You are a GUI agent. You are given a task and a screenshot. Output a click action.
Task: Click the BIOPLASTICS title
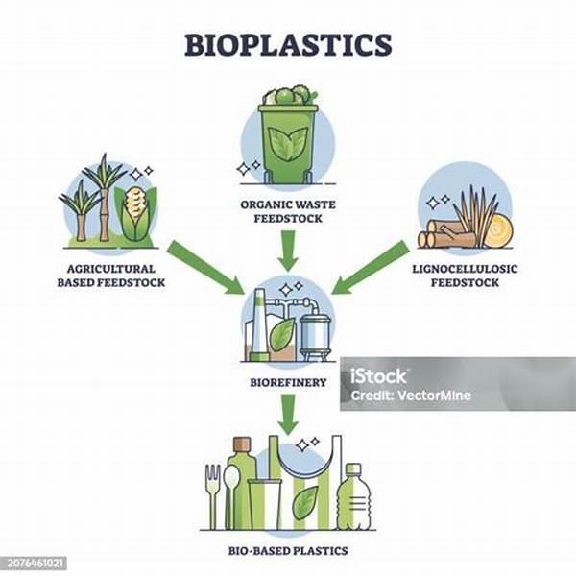pyautogui.click(x=288, y=45)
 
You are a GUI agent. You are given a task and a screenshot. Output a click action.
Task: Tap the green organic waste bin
pyautogui.click(x=288, y=142)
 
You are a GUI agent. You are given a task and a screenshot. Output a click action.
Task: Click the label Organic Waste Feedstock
pyautogui.click(x=288, y=211)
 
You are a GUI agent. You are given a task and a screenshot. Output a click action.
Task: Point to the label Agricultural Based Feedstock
pyautogui.click(x=111, y=276)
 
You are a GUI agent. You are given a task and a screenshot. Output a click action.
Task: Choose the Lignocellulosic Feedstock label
pyautogui.click(x=465, y=276)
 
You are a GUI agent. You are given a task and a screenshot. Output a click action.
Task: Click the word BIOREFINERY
pyautogui.click(x=288, y=382)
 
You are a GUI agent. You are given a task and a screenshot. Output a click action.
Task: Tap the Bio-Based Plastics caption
pyautogui.click(x=288, y=551)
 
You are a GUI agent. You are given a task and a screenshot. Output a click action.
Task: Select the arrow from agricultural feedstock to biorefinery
pyautogui.click(x=205, y=268)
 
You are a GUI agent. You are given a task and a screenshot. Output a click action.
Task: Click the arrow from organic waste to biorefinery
pyautogui.click(x=288, y=251)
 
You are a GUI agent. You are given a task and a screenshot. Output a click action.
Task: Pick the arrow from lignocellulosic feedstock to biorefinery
pyautogui.click(x=371, y=268)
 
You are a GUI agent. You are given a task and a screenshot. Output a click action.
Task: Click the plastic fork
pyautogui.click(x=213, y=496)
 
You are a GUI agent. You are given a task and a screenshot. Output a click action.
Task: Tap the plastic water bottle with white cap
pyautogui.click(x=353, y=496)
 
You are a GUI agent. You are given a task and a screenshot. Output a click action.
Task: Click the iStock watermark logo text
pyautogui.click(x=378, y=376)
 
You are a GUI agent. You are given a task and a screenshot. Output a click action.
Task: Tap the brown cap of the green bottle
pyautogui.click(x=242, y=444)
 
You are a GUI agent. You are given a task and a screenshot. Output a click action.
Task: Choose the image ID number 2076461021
pyautogui.click(x=36, y=563)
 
